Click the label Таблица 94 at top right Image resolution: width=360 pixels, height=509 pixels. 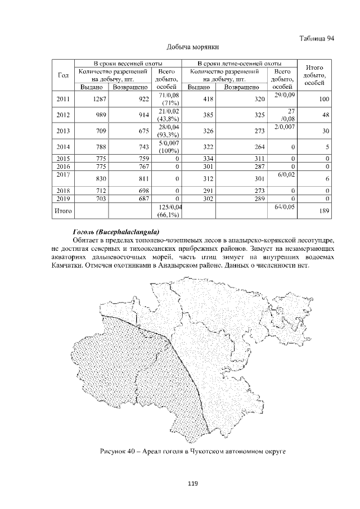(x=315, y=38)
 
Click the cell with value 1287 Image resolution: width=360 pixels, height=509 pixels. (x=99, y=99)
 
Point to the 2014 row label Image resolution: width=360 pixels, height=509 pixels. (x=64, y=148)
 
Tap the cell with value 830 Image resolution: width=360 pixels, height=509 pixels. (x=99, y=178)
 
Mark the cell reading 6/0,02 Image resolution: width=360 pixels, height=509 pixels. (x=286, y=175)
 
